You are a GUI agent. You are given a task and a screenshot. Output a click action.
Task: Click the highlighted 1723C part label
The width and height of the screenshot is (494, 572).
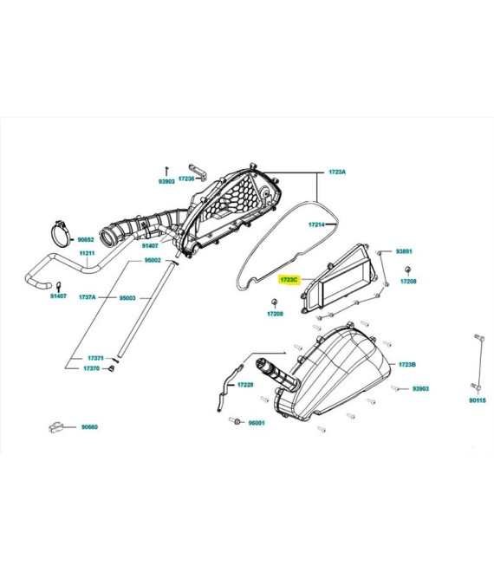[x=289, y=280]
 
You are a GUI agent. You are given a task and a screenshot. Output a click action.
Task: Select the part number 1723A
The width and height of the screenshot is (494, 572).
[x=337, y=172]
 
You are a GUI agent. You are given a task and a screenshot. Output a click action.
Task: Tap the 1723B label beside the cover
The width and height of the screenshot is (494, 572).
[x=407, y=364]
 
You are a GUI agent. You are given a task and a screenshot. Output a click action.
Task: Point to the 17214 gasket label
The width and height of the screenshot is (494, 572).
[x=316, y=224]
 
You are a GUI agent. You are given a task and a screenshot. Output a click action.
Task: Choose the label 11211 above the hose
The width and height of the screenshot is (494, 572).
[x=88, y=253]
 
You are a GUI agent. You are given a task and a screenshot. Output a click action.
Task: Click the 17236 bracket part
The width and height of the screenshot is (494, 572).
[x=198, y=172]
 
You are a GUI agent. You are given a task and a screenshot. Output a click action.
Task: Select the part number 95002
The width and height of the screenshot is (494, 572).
[x=153, y=261]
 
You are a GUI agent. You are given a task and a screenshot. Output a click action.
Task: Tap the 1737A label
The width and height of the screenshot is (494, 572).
[x=88, y=297]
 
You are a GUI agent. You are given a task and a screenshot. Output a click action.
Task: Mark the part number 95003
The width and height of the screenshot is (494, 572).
[x=127, y=298]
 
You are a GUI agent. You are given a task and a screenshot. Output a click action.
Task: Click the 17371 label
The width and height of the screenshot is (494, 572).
[x=95, y=358]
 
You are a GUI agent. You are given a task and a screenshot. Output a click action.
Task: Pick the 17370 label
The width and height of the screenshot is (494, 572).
[x=91, y=368]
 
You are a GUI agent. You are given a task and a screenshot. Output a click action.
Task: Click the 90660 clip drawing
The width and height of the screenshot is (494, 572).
[x=55, y=427]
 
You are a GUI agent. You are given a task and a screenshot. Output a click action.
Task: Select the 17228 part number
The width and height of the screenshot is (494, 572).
[x=245, y=385]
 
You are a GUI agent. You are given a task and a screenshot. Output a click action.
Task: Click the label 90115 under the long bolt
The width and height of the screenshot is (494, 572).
[x=478, y=400]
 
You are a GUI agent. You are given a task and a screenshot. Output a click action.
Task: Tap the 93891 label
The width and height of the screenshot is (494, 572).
[x=404, y=251]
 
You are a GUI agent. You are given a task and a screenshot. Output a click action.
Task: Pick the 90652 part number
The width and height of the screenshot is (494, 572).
[x=86, y=240]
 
